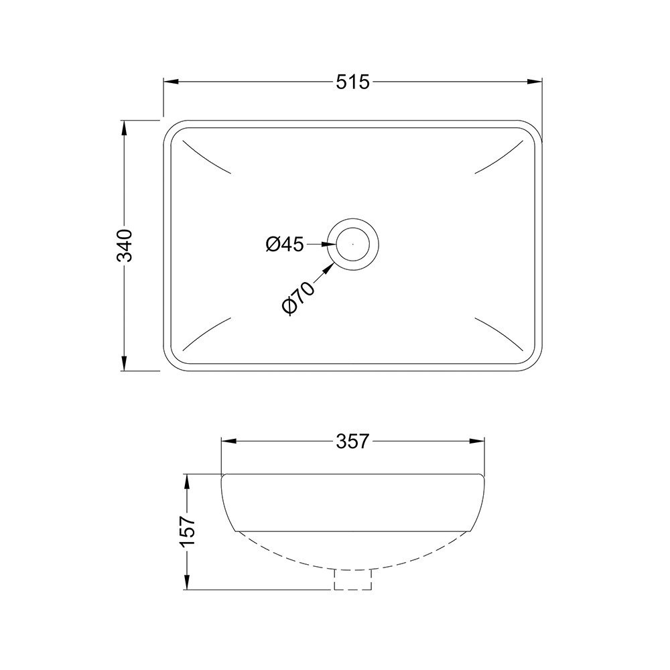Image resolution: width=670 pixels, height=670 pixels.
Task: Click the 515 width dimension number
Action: pyautogui.click(x=352, y=82)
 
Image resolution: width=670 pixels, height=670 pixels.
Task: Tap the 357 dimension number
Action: pyautogui.click(x=352, y=442)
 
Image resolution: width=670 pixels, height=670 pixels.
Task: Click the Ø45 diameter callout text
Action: pyautogui.click(x=284, y=245)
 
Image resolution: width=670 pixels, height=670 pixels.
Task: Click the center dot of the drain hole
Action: pyautogui.click(x=353, y=245)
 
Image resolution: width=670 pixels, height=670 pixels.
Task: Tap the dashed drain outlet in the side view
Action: pyautogui.click(x=353, y=580)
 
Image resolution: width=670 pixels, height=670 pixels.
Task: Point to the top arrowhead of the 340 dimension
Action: pyautogui.click(x=124, y=128)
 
